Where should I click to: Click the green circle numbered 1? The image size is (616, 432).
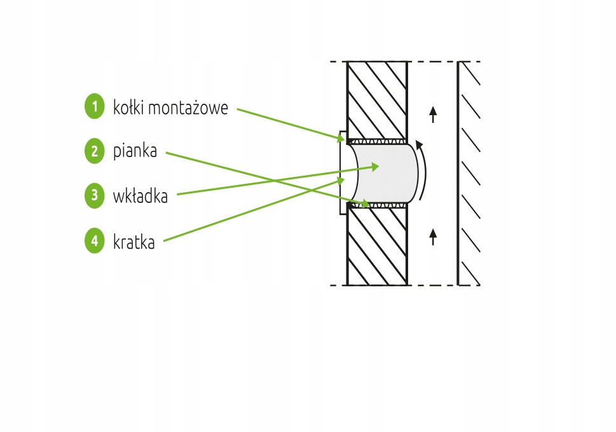point(94,106)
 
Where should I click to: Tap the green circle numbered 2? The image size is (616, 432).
point(94,151)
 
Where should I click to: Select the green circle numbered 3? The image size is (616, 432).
point(94,195)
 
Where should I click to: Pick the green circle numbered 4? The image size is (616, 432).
point(94,240)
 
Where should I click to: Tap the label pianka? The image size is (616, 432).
point(135,152)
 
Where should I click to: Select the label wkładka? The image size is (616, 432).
point(140,197)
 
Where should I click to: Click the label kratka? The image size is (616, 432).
point(134,242)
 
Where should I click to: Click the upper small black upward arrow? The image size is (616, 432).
point(433,115)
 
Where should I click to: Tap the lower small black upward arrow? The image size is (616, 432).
point(433,237)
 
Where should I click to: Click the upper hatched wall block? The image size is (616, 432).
point(376,99)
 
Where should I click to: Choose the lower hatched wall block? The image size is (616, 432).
point(376,246)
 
